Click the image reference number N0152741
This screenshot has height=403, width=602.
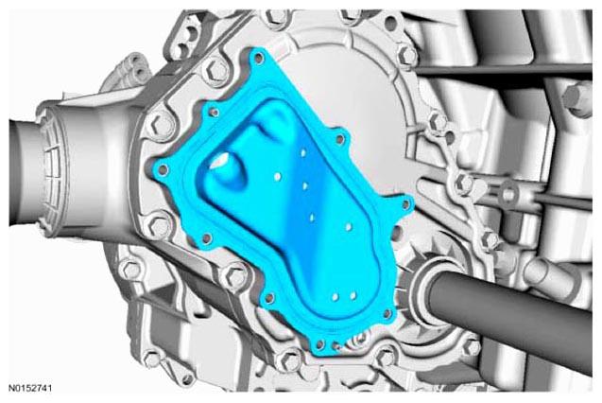[30, 388]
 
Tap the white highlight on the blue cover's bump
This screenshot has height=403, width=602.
[220, 161]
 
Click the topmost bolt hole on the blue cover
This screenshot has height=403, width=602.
[260, 59]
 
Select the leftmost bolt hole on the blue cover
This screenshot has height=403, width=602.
[163, 169]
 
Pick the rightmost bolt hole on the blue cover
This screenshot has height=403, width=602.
[405, 205]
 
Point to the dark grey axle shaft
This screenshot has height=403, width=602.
[510, 315]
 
